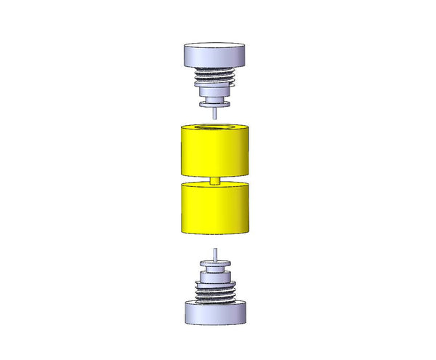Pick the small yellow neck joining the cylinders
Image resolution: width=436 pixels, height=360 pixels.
(x=214, y=181)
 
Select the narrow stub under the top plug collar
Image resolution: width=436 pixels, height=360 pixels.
(x=214, y=98)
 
